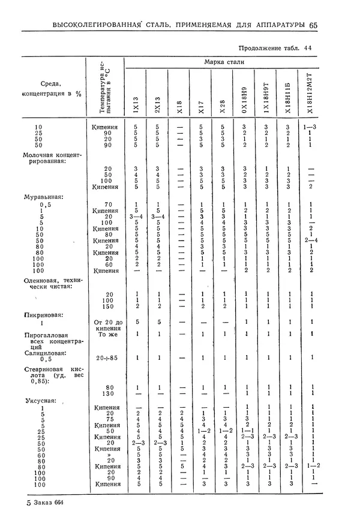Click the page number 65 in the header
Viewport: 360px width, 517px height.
pos(313,25)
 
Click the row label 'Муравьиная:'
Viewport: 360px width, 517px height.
pos(43,196)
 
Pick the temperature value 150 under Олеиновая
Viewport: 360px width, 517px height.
pos(107,306)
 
